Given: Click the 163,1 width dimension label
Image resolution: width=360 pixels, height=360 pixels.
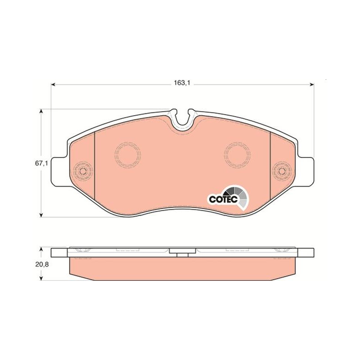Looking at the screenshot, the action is pyautogui.click(x=182, y=83).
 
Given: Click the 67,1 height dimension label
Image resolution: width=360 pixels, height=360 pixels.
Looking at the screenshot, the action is pyautogui.click(x=41, y=163).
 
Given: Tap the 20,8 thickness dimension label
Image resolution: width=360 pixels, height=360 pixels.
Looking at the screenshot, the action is pyautogui.click(x=42, y=264).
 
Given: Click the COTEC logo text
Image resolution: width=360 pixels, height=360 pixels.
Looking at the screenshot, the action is pyautogui.click(x=223, y=199).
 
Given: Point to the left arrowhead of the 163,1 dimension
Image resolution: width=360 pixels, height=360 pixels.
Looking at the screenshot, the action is pyautogui.click(x=53, y=85).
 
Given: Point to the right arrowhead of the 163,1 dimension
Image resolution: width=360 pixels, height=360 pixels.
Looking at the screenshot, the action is pyautogui.click(x=312, y=85).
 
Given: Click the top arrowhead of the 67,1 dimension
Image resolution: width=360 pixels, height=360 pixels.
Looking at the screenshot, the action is pyautogui.click(x=41, y=111).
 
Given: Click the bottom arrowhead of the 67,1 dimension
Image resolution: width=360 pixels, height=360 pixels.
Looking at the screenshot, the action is pyautogui.click(x=41, y=215).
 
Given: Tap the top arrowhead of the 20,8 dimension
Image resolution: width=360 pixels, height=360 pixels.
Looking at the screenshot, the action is pyautogui.click(x=41, y=250).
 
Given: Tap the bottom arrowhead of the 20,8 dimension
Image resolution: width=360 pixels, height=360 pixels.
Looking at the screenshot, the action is pyautogui.click(x=41, y=278).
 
